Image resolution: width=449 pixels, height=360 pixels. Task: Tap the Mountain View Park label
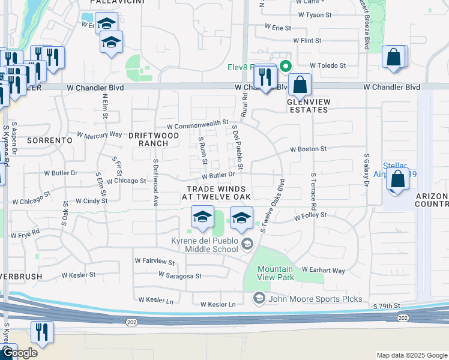click(x=276, y=274)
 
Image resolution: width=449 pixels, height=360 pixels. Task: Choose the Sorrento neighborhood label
click(x=49, y=140)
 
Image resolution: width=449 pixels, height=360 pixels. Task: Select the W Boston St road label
click(x=307, y=149)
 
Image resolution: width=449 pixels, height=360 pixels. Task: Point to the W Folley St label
click(x=310, y=215)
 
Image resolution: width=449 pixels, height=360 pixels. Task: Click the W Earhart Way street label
click(x=324, y=271)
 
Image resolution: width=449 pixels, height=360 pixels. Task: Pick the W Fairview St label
click(x=154, y=262)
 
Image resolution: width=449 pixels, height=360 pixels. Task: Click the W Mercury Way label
click(x=99, y=134)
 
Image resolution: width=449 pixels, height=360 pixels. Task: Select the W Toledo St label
click(x=328, y=65)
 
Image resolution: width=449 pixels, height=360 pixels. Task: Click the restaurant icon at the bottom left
click(x=42, y=332)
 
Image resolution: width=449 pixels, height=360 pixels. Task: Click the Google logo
click(x=20, y=353)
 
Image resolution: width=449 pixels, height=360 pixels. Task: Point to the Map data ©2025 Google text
click(x=411, y=355)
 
